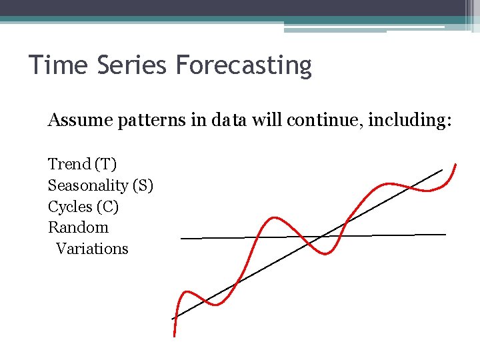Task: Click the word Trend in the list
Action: pyautogui.click(x=69, y=164)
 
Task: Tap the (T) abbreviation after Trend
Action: pyautogui.click(x=105, y=165)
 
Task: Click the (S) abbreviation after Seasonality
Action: pyautogui.click(x=143, y=186)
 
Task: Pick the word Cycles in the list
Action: pyautogui.click(x=70, y=207)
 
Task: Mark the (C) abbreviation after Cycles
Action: pyautogui.click(x=107, y=207)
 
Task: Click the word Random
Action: pyautogui.click(x=78, y=227)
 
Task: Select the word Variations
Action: pyautogui.click(x=92, y=249)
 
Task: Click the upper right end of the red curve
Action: pyautogui.click(x=456, y=164)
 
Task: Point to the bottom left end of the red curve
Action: pyautogui.click(x=175, y=335)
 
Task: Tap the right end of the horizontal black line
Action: pyautogui.click(x=445, y=234)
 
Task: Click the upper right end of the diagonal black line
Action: pyautogui.click(x=442, y=170)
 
